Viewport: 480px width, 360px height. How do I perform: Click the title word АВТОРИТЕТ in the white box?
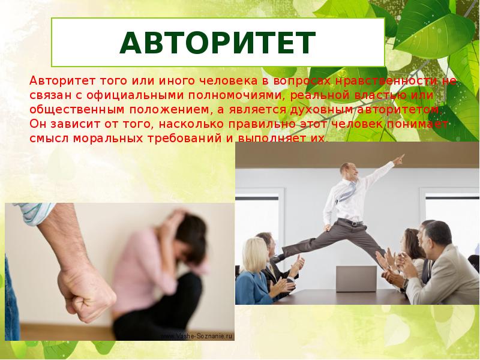(x=217, y=42)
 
